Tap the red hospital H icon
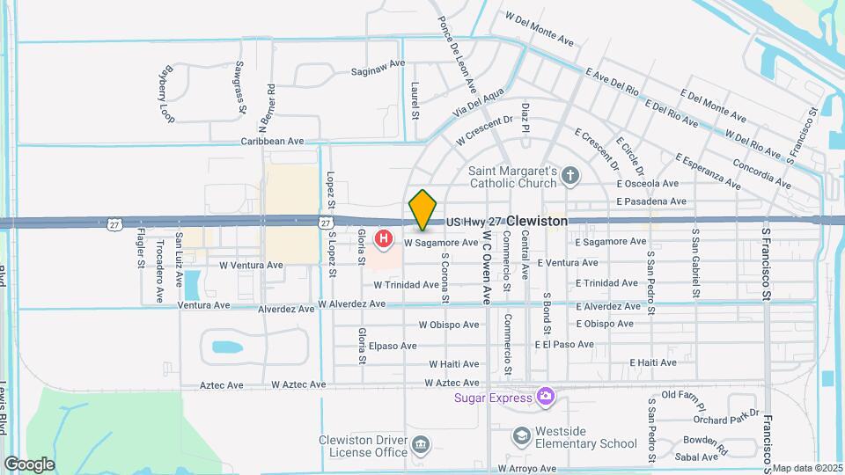pos(384,238)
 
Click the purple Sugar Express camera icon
pos(546,397)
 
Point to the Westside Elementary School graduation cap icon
pos(522,435)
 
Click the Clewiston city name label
pos(537,222)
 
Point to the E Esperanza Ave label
pos(709,170)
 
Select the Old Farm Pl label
pos(684,396)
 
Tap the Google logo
pos(29,464)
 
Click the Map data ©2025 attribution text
pos(807,468)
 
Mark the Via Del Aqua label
pos(480,103)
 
